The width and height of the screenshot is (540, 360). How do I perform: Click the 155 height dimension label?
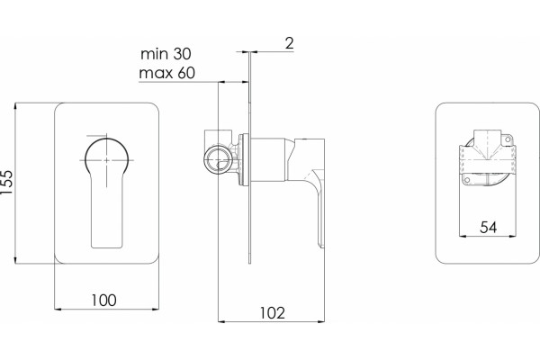[x=7, y=182]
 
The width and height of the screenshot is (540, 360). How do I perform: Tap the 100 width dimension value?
[x=103, y=301]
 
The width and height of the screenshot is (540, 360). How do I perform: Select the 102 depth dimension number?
[x=272, y=313]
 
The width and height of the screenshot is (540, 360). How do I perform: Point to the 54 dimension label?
[x=489, y=228]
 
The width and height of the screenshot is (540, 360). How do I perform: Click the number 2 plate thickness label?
[x=289, y=43]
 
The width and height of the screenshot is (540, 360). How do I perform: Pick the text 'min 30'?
[x=166, y=54]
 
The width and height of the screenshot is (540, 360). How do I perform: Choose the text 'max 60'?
[x=167, y=73]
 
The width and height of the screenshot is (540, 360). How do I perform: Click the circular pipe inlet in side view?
[x=218, y=160]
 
